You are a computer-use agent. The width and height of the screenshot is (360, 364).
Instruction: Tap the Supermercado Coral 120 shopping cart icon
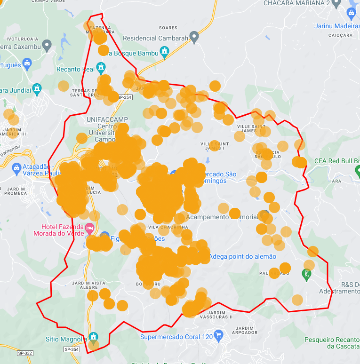(x=218, y=335)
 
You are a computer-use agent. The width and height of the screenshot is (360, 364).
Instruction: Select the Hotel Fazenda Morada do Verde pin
(x=89, y=228)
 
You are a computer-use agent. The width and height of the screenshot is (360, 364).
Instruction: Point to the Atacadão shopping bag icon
(x=16, y=167)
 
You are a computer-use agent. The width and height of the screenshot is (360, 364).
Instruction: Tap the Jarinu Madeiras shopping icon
(x=351, y=13)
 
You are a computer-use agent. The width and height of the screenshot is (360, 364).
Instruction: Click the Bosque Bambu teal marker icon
(x=164, y=51)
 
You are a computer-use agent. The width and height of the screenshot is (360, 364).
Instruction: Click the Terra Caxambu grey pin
(x=47, y=45)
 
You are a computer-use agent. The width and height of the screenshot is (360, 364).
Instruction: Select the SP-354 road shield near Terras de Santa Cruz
(x=125, y=97)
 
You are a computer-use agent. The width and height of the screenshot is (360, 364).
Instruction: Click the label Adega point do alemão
(x=242, y=256)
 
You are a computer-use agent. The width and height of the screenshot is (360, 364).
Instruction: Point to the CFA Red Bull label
(x=336, y=161)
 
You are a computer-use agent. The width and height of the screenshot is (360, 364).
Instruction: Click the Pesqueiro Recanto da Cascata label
(x=332, y=342)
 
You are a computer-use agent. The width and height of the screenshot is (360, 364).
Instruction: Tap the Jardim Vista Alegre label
(x=89, y=285)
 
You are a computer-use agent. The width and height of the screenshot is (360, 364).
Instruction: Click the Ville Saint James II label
(x=251, y=128)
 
